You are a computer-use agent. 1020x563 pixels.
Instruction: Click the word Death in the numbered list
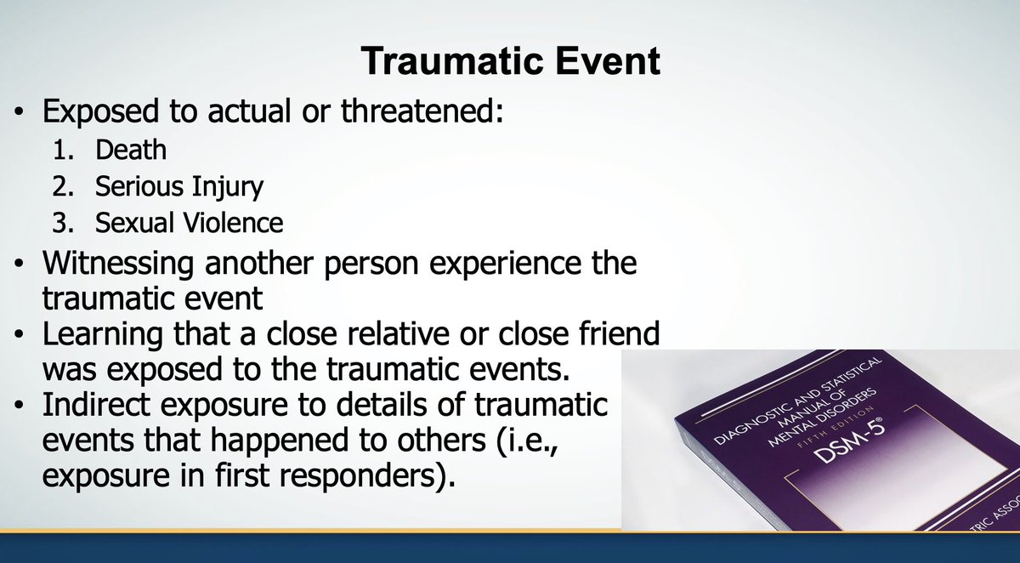pos(130,150)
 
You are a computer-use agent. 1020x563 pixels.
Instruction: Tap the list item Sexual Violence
pos(189,223)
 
